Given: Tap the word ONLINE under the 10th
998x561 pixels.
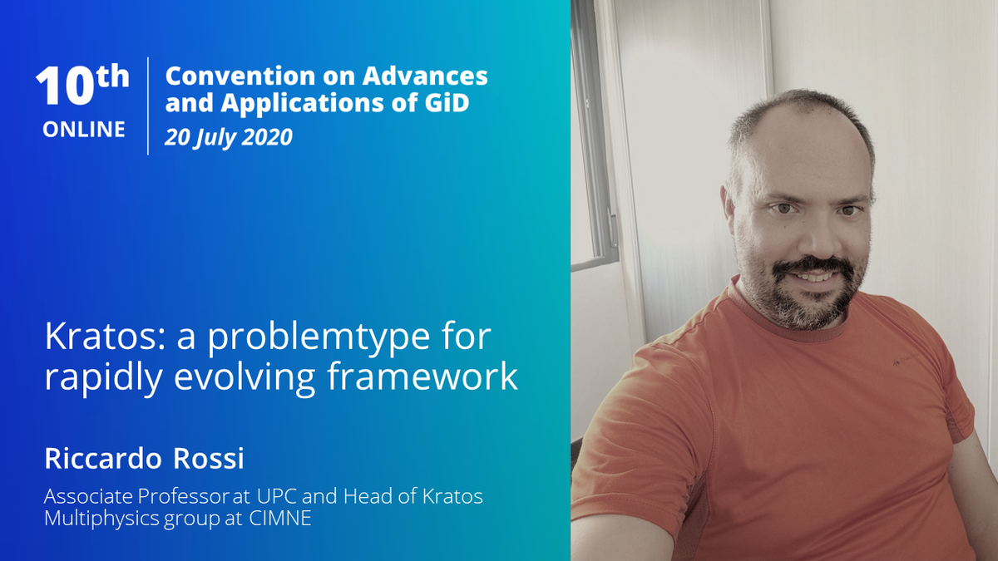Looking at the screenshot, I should [84, 130].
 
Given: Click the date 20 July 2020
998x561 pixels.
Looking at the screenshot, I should [229, 136].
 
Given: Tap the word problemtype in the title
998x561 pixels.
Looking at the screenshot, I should [310, 340].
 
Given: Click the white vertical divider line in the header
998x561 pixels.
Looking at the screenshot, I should [148, 106].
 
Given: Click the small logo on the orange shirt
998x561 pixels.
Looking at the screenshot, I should [914, 360].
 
